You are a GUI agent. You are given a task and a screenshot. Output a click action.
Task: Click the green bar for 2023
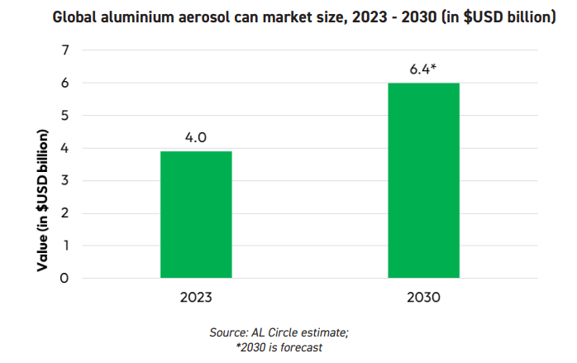click(196, 214)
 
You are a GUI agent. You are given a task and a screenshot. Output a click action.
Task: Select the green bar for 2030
click(423, 180)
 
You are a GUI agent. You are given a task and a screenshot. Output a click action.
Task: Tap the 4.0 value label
click(196, 136)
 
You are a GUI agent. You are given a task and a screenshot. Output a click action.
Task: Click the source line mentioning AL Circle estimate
click(279, 332)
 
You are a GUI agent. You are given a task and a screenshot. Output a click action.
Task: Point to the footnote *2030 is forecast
click(279, 347)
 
